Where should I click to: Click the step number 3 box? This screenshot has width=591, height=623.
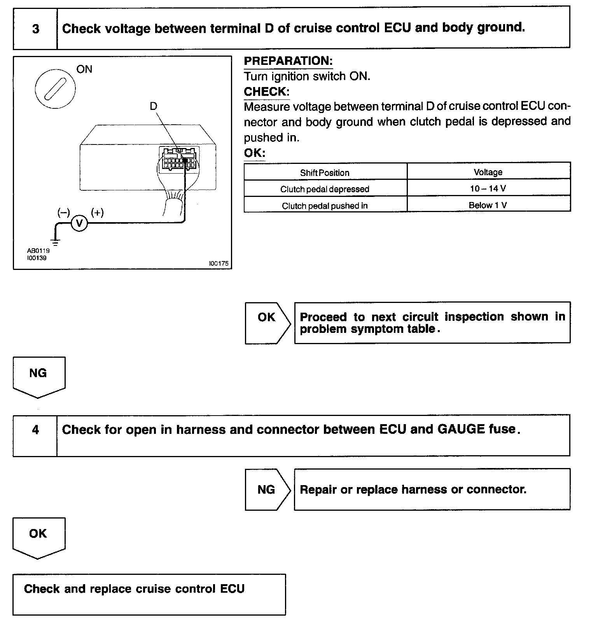pos(35,29)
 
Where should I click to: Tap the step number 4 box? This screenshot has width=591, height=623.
pos(35,430)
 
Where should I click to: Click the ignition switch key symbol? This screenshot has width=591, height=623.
pos(55,89)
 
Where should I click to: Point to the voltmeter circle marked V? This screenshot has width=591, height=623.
pos(79,223)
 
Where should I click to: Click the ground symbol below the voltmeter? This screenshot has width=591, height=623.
pos(56,242)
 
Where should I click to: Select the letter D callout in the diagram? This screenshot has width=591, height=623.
pos(154,106)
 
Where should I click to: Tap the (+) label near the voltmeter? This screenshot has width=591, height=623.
pos(97,212)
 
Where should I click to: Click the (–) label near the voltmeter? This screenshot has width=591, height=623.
pos(63,212)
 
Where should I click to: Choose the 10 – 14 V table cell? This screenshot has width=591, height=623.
pos(488,189)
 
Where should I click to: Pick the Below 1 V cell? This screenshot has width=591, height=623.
pos(488,205)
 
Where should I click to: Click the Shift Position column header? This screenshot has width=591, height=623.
pos(325,173)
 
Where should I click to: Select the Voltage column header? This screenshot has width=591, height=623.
pos(488,172)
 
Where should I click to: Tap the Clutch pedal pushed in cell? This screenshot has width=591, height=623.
pos(325,206)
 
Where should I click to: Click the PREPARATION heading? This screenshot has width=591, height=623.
pos(288,61)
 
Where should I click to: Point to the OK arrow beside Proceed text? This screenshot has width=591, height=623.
pos(267,323)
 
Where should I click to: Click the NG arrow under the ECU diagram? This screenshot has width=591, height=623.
pos(38,376)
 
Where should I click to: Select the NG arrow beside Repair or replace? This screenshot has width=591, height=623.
pos(267,489)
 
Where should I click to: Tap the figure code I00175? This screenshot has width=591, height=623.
pos(219,263)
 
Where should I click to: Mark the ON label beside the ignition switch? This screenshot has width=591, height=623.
pos(84,70)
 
